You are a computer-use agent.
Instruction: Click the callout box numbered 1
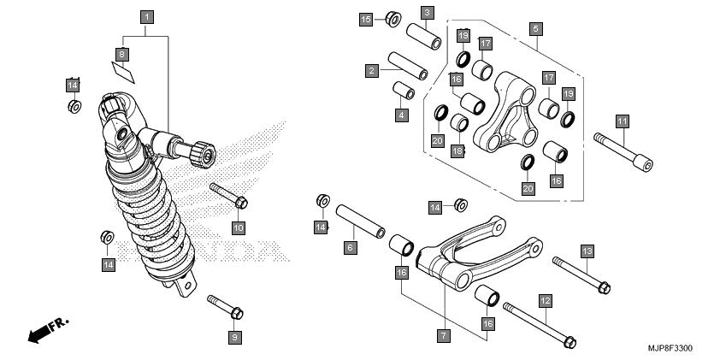[x=147, y=17]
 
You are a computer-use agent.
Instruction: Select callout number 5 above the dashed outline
[x=534, y=29]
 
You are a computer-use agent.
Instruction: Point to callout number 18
[x=457, y=150]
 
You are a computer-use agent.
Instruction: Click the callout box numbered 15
[x=366, y=19]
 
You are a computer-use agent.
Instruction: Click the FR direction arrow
[x=48, y=330]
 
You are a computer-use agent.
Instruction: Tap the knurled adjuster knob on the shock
[x=204, y=155]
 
